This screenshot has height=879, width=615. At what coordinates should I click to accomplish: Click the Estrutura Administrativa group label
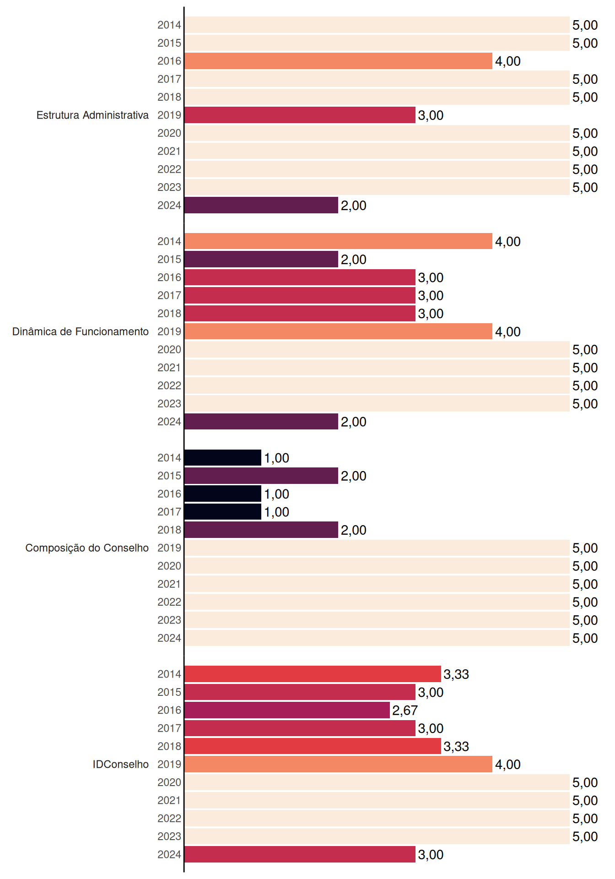tap(92, 115)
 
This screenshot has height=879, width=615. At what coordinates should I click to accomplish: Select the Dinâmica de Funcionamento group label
tap(81, 331)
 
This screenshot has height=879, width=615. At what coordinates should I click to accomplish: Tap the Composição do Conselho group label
tap(87, 548)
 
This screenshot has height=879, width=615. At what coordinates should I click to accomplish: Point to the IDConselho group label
tap(121, 764)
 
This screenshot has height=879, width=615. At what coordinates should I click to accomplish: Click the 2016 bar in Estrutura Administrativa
tap(339, 61)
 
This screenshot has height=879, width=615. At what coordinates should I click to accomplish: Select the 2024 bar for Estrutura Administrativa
tap(261, 205)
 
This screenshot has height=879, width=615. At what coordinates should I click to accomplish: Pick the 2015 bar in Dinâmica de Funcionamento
tap(261, 259)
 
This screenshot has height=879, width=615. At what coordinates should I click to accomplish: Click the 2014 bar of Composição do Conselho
tap(223, 457)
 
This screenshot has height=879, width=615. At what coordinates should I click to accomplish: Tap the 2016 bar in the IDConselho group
tap(287, 710)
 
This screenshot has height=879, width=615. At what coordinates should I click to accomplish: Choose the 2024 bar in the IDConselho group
tap(300, 854)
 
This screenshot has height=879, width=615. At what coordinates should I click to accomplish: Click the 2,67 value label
tap(405, 711)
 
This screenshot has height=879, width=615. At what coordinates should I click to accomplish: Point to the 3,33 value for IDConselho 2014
tap(456, 674)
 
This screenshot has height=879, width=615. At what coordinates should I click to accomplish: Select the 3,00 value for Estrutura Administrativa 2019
tap(431, 115)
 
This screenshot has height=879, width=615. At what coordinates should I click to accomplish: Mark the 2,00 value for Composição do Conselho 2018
tap(354, 530)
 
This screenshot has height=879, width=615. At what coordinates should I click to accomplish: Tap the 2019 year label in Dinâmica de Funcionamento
tap(169, 331)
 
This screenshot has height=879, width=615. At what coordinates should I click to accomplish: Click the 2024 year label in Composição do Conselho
tap(169, 638)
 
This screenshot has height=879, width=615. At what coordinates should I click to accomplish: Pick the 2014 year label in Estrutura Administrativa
tap(169, 25)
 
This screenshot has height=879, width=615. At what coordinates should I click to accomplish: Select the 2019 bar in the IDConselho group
tap(339, 764)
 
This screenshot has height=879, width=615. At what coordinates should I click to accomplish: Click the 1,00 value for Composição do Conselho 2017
tap(276, 512)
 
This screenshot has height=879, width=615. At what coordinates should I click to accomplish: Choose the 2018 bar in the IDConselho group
tap(313, 746)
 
